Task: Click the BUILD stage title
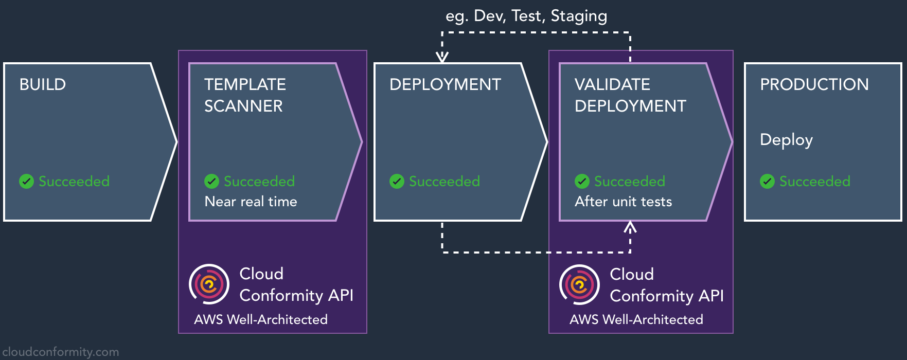point(43,84)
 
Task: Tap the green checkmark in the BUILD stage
point(26,181)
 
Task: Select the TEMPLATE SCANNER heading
point(245,95)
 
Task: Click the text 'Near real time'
point(251,201)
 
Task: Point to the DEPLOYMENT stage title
point(445,84)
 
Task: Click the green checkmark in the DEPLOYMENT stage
point(397,181)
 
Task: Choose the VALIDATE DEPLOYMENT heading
point(630,95)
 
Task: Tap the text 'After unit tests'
point(623,201)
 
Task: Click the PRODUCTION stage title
point(814,84)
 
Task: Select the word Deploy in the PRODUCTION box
point(786,140)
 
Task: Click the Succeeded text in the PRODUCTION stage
point(814,181)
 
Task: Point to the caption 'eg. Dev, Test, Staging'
point(526,16)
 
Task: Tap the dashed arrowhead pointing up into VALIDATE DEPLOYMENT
point(630,227)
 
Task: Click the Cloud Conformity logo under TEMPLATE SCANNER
point(209,284)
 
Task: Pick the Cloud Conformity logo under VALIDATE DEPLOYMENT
point(579,284)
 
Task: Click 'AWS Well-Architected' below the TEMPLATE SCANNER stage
point(261,319)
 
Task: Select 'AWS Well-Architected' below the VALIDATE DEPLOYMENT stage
point(636,319)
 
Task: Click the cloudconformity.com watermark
point(60,352)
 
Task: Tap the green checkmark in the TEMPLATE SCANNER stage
point(211,181)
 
